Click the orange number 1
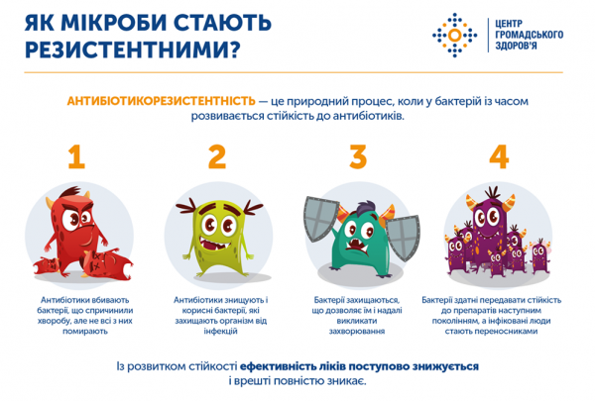tap(76, 156)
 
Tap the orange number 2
tap(217, 156)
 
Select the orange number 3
tap(358, 156)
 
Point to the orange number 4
tap(499, 156)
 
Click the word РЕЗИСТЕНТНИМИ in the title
tap(127, 50)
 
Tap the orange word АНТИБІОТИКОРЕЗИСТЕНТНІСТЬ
tap(162, 101)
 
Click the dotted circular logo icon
tap(454, 36)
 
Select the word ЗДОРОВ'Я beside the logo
tap(516, 46)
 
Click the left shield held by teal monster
tap(321, 218)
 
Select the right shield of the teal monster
tap(404, 238)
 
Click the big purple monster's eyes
tap(488, 217)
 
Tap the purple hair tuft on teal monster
tap(365, 207)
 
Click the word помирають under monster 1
tap(85, 332)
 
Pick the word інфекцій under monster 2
tap(220, 332)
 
